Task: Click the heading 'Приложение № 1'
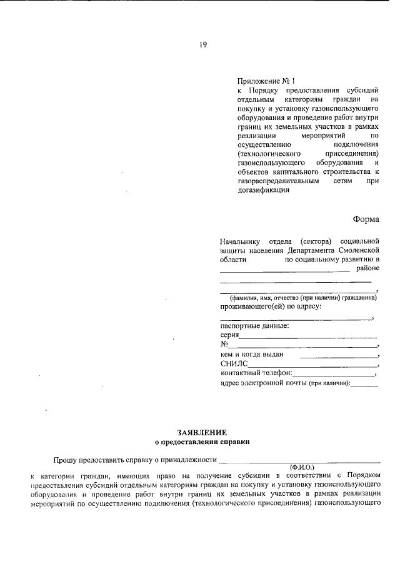coord(266,81)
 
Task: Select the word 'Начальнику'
coord(240,240)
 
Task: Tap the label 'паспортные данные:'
coord(254,326)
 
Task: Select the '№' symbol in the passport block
coord(224,345)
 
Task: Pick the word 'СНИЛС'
coord(234,364)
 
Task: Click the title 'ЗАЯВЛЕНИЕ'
coord(202,432)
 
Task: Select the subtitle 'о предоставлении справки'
coord(202,441)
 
